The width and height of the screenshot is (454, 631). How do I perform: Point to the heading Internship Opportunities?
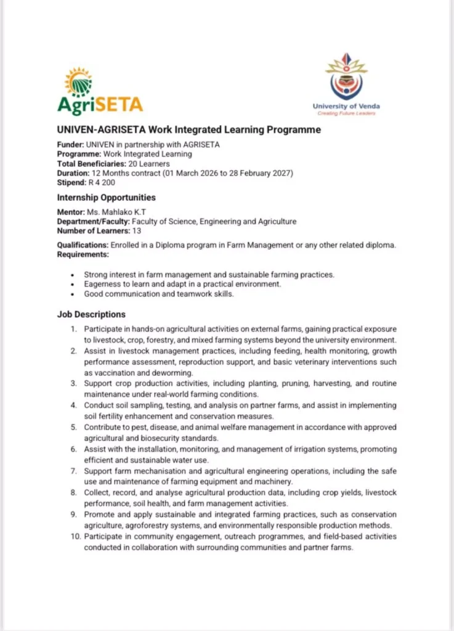pyautogui.click(x=106, y=198)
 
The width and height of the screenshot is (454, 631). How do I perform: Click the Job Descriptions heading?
pyautogui.click(x=91, y=314)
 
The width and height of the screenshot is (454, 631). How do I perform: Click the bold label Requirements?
pyautogui.click(x=83, y=254)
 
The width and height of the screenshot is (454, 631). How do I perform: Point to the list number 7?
pyautogui.click(x=73, y=471)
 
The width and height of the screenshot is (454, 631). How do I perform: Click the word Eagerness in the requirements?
pyautogui.click(x=103, y=284)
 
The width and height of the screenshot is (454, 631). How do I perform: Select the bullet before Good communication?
pyautogui.click(x=73, y=295)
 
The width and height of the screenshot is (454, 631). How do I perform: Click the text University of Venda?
pyautogui.click(x=346, y=107)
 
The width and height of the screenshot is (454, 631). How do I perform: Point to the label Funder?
pyautogui.click(x=70, y=145)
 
